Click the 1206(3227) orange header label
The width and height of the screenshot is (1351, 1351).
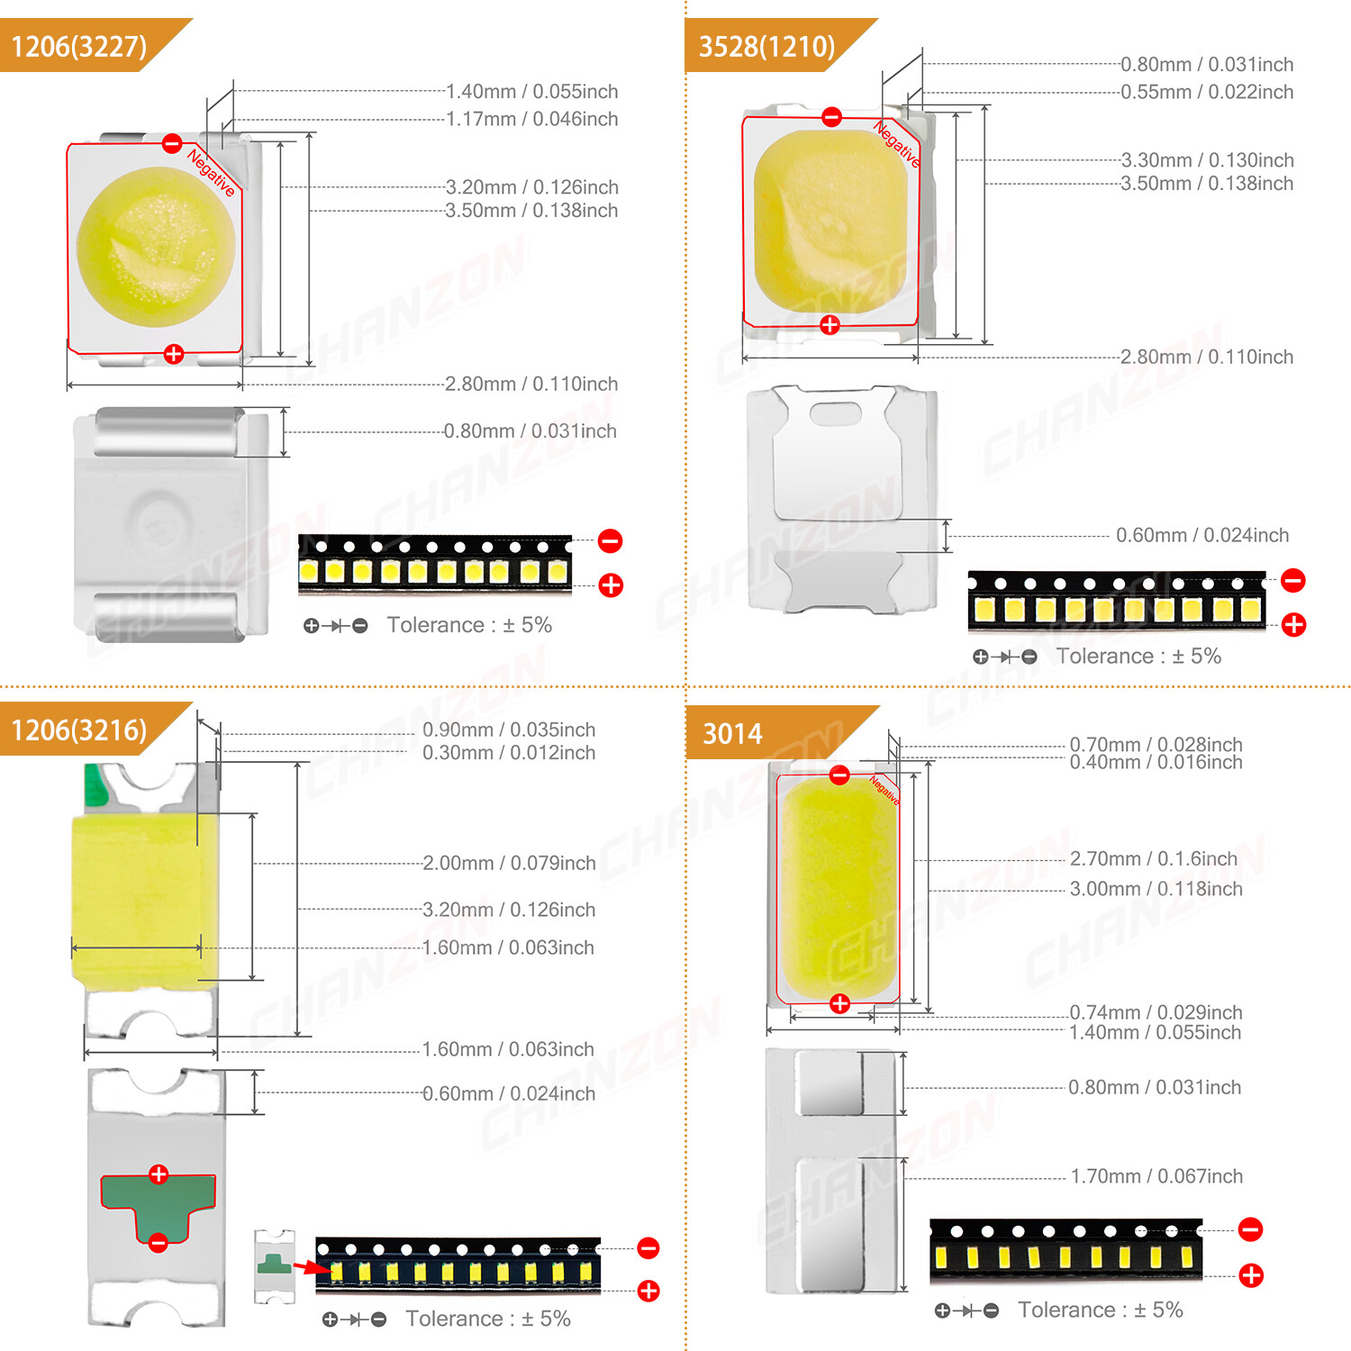click(x=79, y=46)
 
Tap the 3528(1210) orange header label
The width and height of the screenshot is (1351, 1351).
click(x=766, y=46)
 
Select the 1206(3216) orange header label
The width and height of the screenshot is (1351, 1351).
click(x=79, y=730)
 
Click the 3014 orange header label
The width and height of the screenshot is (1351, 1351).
click(x=732, y=734)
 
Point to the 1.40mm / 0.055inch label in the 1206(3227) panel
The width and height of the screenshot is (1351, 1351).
click(x=531, y=91)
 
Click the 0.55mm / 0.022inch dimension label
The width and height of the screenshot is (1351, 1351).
click(x=1206, y=92)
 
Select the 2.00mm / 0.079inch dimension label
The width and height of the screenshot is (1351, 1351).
click(x=509, y=863)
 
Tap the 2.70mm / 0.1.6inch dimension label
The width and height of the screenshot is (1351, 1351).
click(x=1153, y=858)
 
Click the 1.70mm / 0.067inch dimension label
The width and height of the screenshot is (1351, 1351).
click(x=1156, y=1176)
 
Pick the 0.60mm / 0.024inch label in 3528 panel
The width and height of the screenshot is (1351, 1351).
click(x=1201, y=535)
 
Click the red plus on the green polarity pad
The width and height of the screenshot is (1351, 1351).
click(x=159, y=1174)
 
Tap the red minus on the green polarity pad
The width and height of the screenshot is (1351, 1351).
click(x=158, y=1243)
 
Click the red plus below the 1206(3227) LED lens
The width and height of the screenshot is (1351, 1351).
click(x=174, y=354)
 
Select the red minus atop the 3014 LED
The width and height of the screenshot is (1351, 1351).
click(x=839, y=775)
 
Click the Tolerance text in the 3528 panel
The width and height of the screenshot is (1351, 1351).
click(x=1138, y=656)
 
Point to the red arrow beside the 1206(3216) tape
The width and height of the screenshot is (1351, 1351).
click(x=312, y=1267)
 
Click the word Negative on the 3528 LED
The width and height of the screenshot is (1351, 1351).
click(x=897, y=144)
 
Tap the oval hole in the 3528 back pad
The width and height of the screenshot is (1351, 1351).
click(x=835, y=413)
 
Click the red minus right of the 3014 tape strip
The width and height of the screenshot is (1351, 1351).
click(x=1250, y=1229)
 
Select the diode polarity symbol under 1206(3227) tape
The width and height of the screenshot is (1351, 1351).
click(x=336, y=625)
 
